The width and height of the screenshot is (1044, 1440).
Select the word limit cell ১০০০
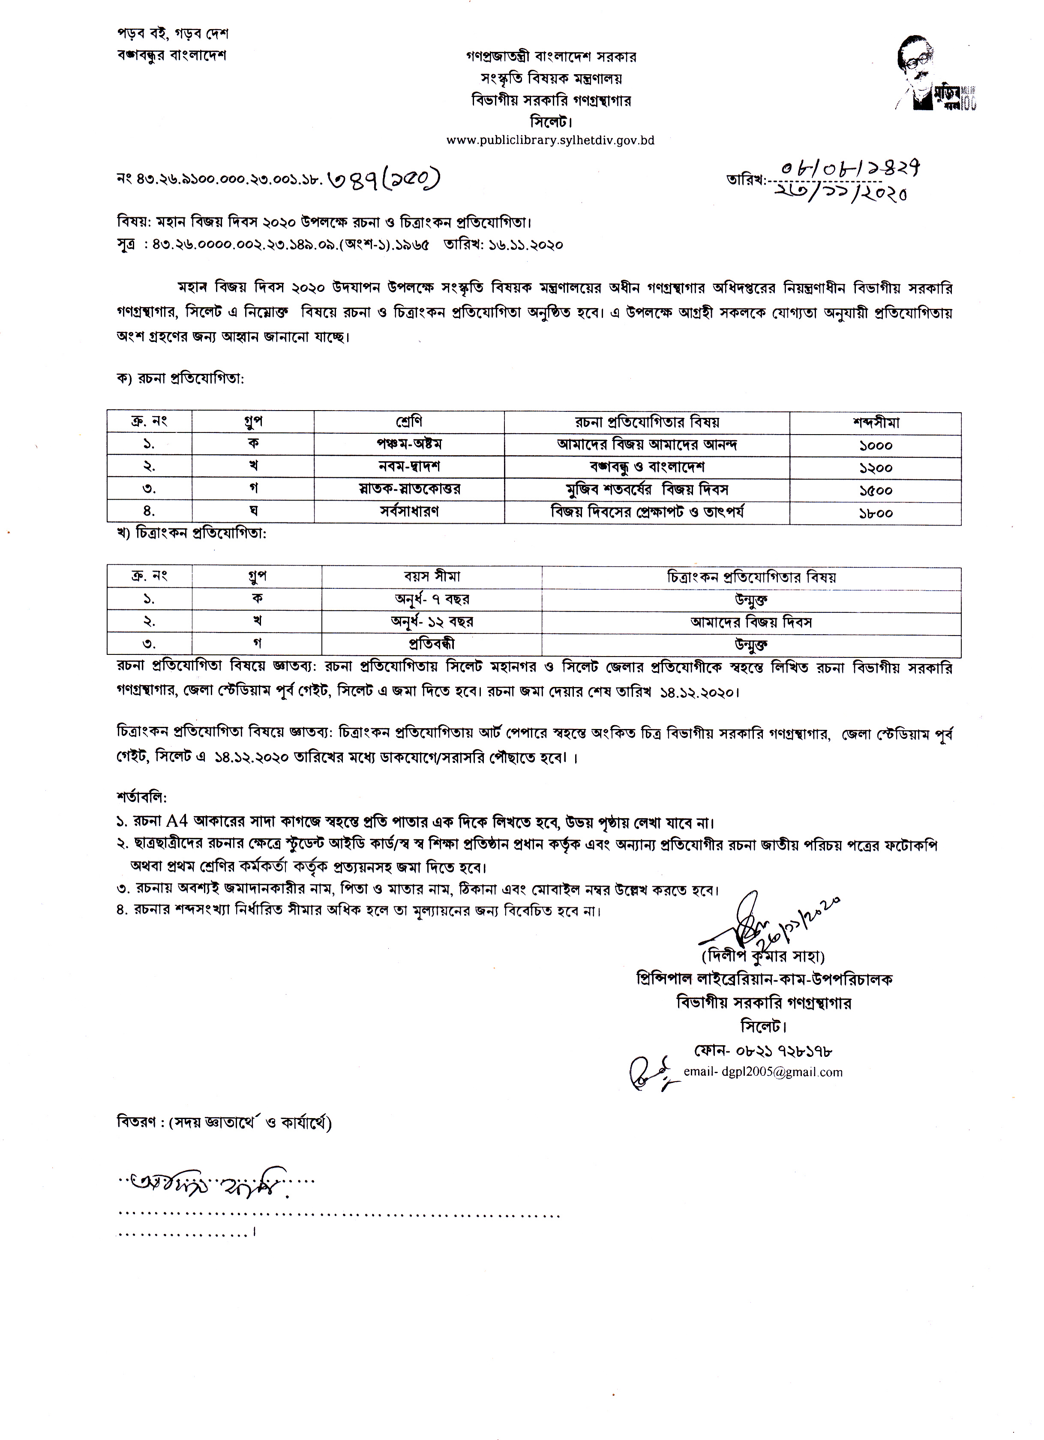click(875, 445)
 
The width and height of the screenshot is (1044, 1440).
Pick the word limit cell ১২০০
click(875, 468)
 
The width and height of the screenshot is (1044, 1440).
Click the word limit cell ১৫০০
click(875, 490)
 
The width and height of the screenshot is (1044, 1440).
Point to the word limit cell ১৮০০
click(875, 513)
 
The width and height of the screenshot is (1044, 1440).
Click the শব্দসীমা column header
click(875, 422)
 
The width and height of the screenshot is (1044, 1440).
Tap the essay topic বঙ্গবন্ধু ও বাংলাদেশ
click(646, 467)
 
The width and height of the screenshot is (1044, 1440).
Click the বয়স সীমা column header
click(432, 576)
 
